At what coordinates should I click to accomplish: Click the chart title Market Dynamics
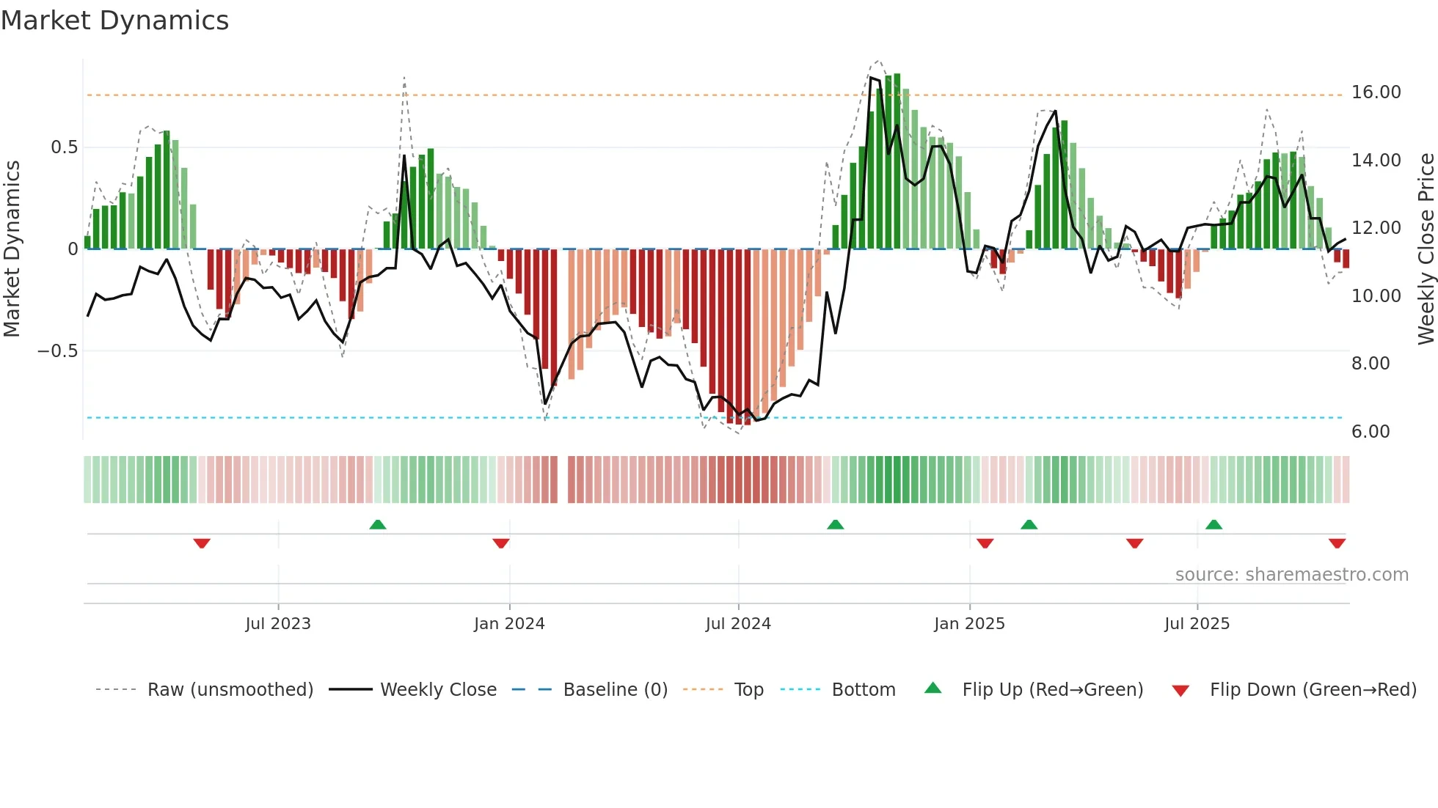pos(114,21)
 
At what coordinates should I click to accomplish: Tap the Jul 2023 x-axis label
pos(278,624)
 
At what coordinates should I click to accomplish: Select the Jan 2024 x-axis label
pos(509,624)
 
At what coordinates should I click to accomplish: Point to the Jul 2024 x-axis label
pos(738,624)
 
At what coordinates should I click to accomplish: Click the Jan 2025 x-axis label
pos(969,624)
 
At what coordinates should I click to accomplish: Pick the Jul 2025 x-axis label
pos(1197,624)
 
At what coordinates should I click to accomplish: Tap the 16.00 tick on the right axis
pos(1376,92)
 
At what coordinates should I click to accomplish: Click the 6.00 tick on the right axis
pos(1371,432)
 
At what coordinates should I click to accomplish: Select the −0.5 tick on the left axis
pos(57,351)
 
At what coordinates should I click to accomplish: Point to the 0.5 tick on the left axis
pos(64,147)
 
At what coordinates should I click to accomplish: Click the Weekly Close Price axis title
pos(1426,249)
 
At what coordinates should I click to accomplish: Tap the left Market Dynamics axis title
pos(12,249)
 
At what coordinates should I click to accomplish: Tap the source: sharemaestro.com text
pos(1291,575)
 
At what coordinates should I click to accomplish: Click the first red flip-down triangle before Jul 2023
pos(202,543)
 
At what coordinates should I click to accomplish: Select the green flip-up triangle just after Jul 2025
pos(1213,524)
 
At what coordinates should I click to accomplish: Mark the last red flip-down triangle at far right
pos(1337,543)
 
